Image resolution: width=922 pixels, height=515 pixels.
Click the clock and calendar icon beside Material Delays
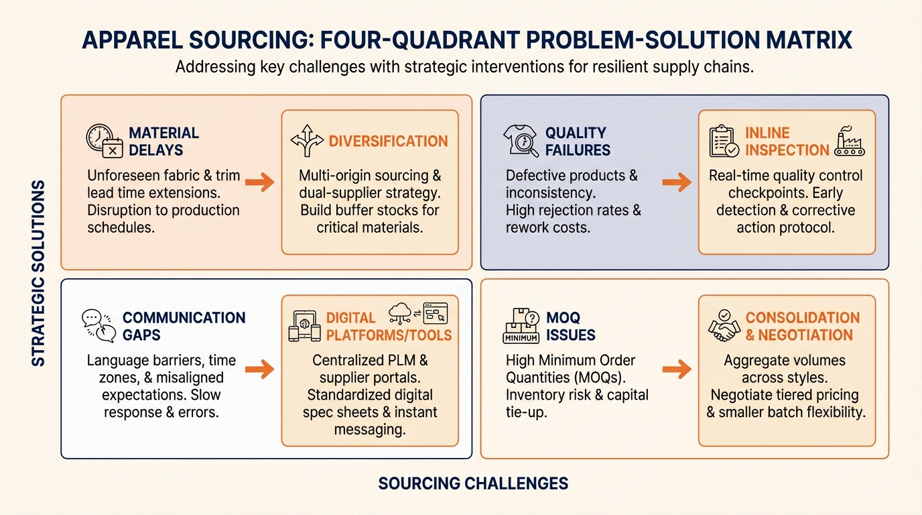click(x=105, y=141)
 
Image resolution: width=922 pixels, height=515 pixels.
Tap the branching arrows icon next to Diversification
click(x=307, y=141)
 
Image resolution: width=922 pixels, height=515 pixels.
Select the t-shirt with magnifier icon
click(x=521, y=141)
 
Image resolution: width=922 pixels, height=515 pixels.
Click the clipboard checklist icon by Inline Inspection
click(x=724, y=141)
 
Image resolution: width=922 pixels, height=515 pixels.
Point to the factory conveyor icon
click(x=849, y=141)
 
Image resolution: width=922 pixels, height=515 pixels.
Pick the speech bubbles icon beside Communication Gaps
click(x=98, y=326)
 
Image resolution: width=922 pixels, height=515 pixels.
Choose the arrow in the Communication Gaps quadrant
click(x=259, y=368)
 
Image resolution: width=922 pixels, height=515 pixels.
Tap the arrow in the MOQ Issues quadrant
click(x=676, y=368)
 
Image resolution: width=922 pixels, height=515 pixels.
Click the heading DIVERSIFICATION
click(x=388, y=141)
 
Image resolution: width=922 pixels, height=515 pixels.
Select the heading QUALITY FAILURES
click(x=577, y=141)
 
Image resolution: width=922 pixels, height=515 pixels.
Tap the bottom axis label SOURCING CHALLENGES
click(x=473, y=483)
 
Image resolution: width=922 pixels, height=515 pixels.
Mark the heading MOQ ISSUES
click(x=570, y=327)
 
